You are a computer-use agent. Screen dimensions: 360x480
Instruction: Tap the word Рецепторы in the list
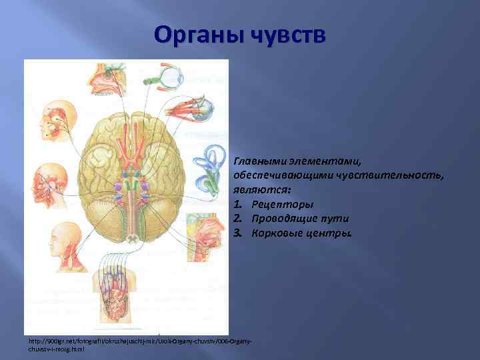[283, 204]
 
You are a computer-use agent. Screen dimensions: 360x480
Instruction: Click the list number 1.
[237, 204]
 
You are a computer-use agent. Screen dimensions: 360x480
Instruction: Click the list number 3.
[237, 233]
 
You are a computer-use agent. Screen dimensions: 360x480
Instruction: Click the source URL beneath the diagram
[139, 344]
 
